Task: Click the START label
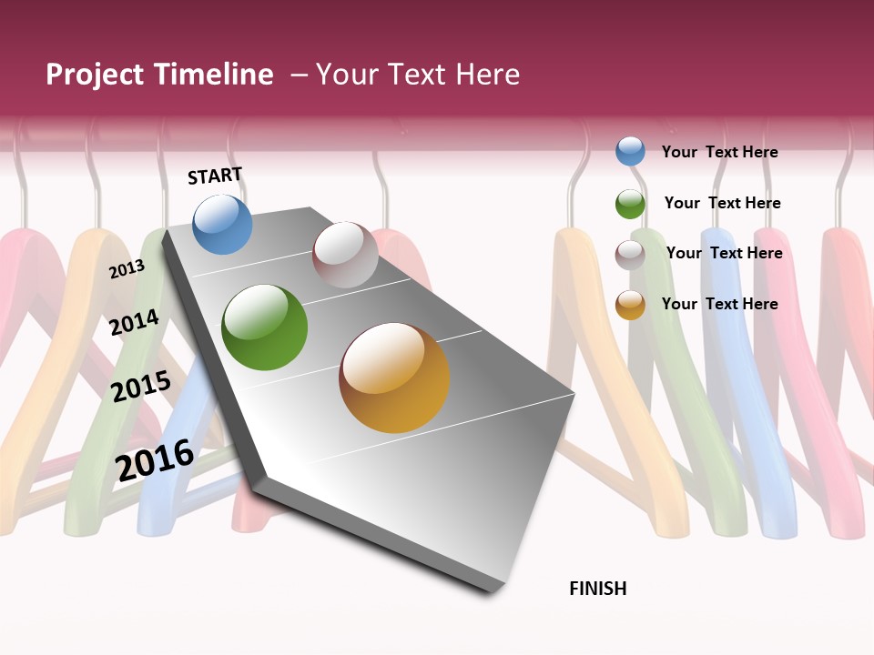[215, 176]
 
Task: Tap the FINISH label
[598, 589]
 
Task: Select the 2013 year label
[127, 268]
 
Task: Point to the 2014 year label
[135, 322]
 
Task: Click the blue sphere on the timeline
[222, 224]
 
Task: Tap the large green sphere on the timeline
[264, 327]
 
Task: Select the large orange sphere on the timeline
[394, 378]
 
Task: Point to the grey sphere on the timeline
[345, 255]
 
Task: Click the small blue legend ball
[630, 151]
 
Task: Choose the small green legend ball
[630, 204]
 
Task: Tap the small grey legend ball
[630, 255]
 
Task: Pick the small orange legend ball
[630, 305]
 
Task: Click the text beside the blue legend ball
[719, 152]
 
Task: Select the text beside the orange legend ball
[719, 304]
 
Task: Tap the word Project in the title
[95, 75]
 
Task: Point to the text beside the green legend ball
[722, 203]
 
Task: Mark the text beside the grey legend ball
[724, 253]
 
